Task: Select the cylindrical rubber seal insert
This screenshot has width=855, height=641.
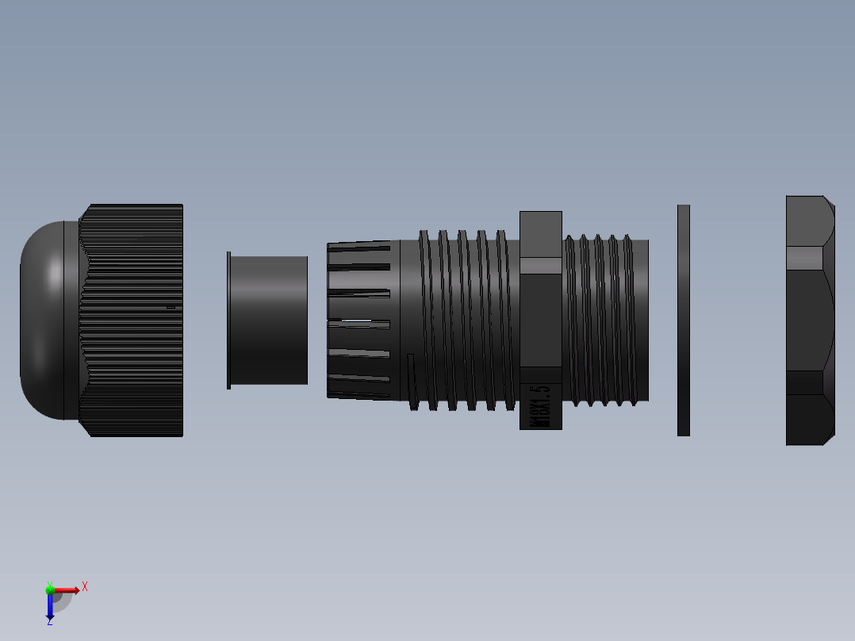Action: [x=270, y=320]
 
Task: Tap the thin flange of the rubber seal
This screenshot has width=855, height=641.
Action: [x=228, y=320]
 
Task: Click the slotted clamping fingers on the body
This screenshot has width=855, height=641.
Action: [x=359, y=320]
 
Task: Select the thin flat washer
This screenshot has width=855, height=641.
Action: [x=684, y=320]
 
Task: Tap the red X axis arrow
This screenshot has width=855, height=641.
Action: [x=70, y=589]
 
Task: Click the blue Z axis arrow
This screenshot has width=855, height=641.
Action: [x=50, y=607]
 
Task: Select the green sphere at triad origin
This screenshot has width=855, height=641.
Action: [x=50, y=589]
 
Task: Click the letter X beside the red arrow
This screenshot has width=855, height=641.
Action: [x=85, y=587]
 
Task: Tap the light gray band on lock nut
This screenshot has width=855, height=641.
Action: [x=804, y=259]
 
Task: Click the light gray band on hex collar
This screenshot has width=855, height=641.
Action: [x=541, y=265]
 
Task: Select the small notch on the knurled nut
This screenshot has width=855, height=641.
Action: [x=170, y=307]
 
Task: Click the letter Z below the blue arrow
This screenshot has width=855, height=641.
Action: [x=49, y=621]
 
